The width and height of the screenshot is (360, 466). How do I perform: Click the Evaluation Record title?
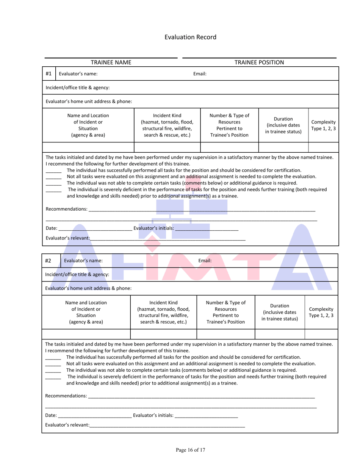[x=190, y=37]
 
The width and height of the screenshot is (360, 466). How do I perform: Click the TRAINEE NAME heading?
[x=111, y=62]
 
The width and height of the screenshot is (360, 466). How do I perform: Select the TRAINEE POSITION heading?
[x=259, y=62]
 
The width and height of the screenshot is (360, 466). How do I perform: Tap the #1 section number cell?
[x=49, y=74]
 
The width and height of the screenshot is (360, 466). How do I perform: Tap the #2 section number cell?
[x=48, y=261]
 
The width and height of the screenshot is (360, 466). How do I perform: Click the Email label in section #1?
[x=200, y=74]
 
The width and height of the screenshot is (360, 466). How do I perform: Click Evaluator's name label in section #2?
[x=83, y=261]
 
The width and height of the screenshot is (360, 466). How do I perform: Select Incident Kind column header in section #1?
[x=167, y=125]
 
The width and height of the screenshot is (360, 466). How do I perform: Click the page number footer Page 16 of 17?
[x=190, y=450]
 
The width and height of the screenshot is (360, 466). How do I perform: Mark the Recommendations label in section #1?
[x=66, y=209]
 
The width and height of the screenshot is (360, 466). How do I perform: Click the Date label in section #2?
[x=51, y=416]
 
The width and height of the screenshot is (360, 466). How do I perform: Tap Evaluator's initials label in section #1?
[x=154, y=228]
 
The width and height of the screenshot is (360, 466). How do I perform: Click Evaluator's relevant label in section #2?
[x=67, y=425]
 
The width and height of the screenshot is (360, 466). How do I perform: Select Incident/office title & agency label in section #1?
[x=78, y=88]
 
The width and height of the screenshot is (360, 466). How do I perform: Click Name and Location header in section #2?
[x=86, y=312]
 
